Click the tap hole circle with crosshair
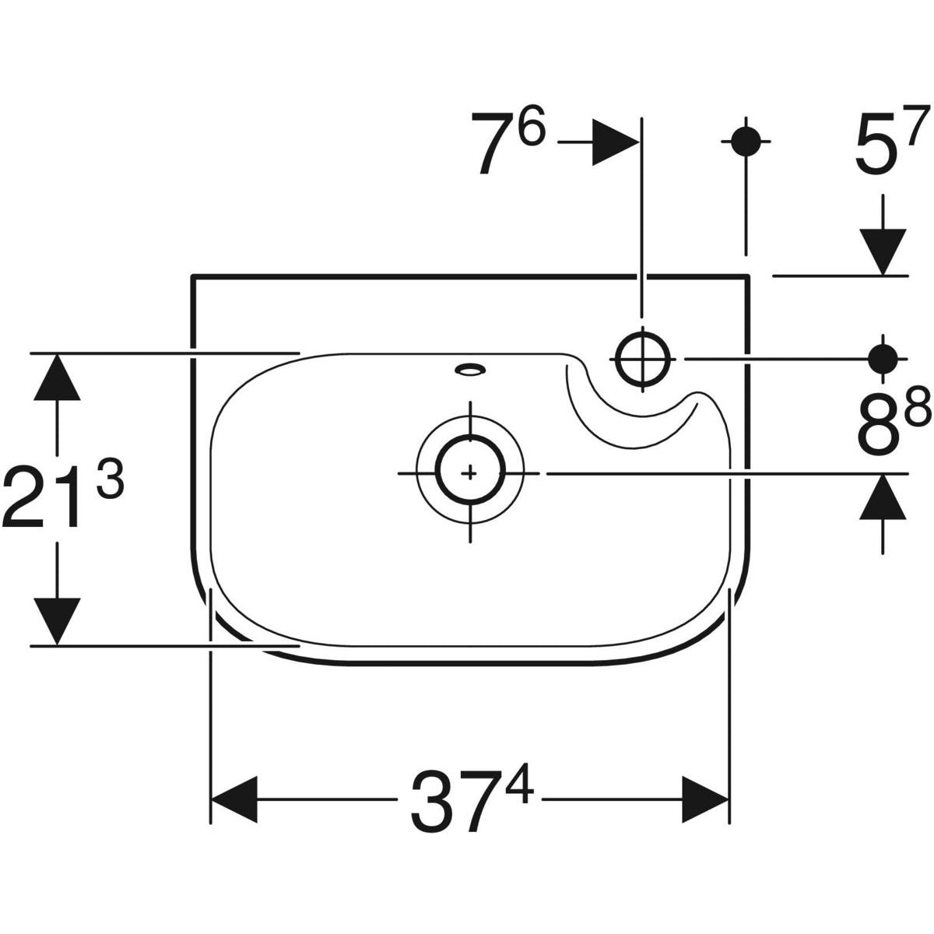(642, 359)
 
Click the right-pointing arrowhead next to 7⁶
(615, 142)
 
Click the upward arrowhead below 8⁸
(883, 498)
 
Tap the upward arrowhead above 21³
(57, 377)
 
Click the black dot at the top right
(746, 142)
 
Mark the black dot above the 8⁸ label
(883, 359)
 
